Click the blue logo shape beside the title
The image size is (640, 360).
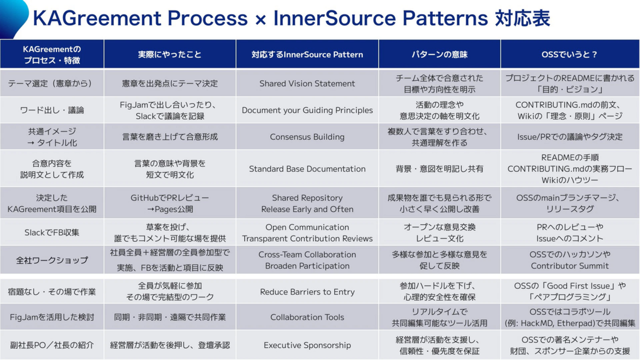click(x=13, y=18)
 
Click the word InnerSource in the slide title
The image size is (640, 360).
click(x=334, y=18)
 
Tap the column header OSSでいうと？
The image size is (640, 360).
click(x=570, y=54)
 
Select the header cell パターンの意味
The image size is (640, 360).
click(x=440, y=54)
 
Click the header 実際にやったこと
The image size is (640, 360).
click(x=170, y=54)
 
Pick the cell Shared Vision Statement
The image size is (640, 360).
click(x=307, y=83)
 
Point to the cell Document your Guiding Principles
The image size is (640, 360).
click(x=307, y=110)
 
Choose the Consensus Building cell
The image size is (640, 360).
click(x=307, y=137)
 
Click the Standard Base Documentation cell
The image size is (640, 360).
click(x=307, y=169)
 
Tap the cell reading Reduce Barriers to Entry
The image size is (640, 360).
click(x=307, y=292)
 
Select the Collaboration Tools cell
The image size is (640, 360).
click(x=307, y=317)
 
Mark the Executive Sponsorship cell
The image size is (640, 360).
click(x=307, y=345)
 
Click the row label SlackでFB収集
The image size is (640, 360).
click(x=52, y=232)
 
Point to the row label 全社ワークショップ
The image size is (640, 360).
click(x=52, y=261)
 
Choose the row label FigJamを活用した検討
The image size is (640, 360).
click(x=52, y=317)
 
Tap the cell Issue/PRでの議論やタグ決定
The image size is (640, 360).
click(x=570, y=137)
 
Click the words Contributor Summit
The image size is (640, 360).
click(x=570, y=266)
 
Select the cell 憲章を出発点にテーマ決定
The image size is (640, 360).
click(x=170, y=83)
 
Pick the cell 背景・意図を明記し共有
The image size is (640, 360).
click(x=440, y=169)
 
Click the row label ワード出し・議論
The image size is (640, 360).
click(x=52, y=110)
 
